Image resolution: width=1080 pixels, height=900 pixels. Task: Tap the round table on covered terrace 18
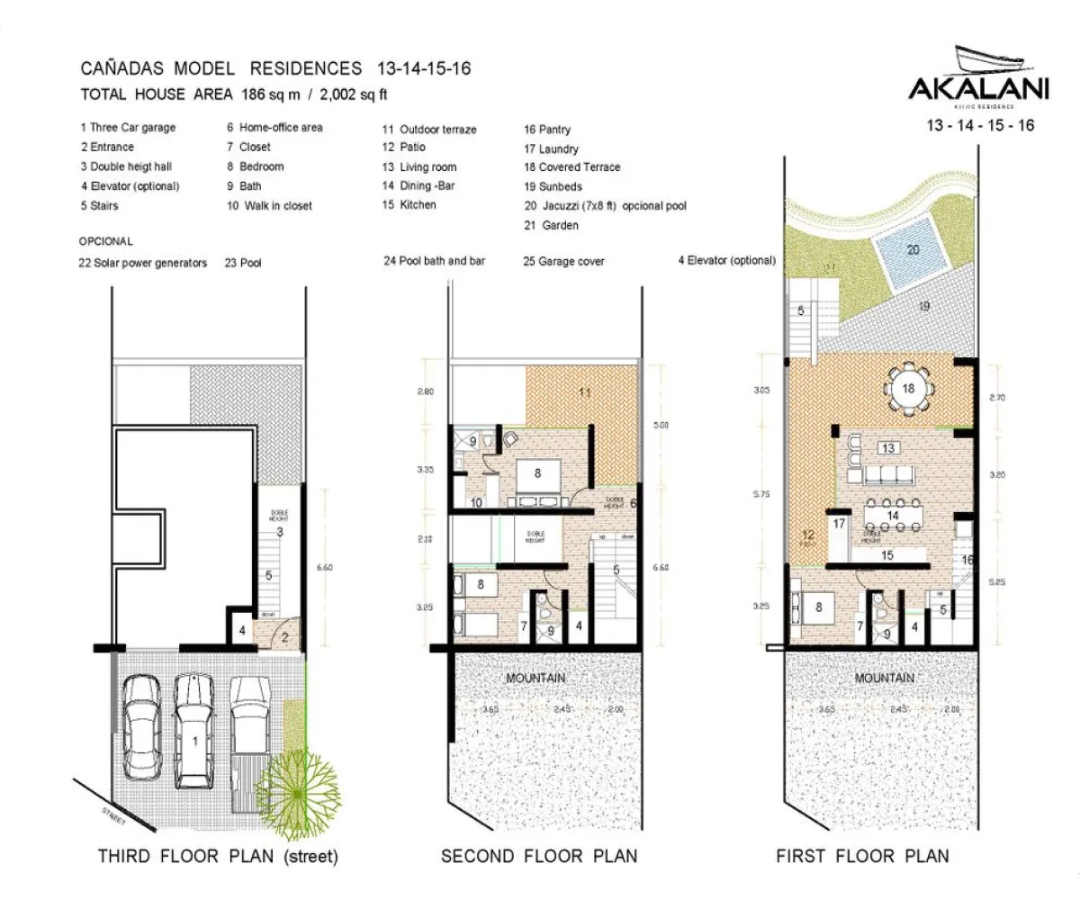click(909, 388)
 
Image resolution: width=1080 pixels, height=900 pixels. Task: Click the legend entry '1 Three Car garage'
click(128, 128)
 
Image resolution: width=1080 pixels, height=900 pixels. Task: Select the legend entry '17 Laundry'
click(551, 148)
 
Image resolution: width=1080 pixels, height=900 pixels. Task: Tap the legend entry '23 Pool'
click(243, 263)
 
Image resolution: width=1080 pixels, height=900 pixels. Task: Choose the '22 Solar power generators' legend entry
click(143, 263)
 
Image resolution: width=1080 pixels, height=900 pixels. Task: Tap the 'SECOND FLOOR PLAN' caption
click(539, 856)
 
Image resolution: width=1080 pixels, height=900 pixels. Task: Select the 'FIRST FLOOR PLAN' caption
click(862, 856)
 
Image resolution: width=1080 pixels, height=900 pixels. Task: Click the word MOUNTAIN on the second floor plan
click(535, 678)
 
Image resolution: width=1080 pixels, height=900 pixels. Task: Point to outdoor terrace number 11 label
click(584, 393)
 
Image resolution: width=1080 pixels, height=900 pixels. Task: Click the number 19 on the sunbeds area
click(923, 307)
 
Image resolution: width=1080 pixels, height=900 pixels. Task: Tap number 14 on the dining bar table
click(891, 515)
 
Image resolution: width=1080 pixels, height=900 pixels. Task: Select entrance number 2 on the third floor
click(284, 638)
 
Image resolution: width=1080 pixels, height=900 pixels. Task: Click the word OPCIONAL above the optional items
click(105, 241)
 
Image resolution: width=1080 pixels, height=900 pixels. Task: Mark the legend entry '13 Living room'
click(418, 166)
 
